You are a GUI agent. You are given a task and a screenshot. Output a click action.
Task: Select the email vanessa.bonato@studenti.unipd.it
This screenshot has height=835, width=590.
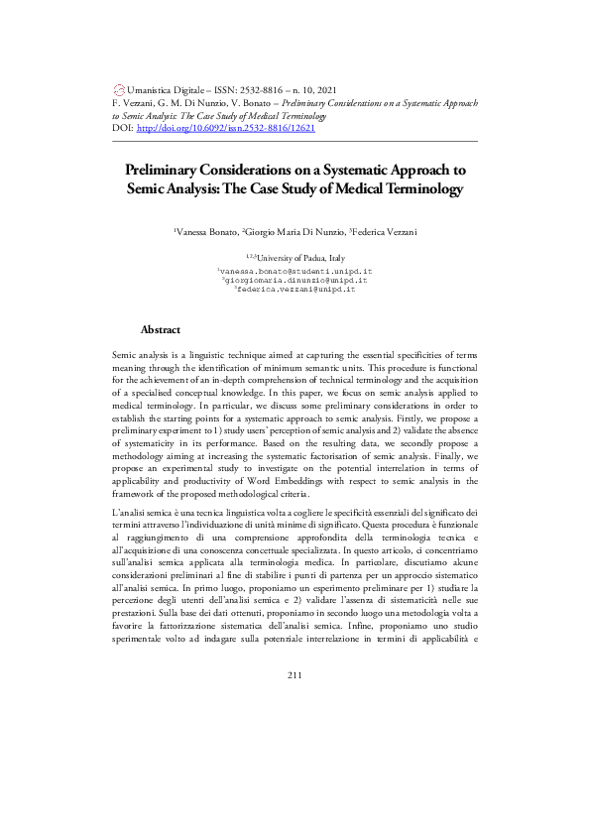(295, 271)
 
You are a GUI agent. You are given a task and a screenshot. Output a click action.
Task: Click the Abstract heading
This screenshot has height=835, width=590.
(161, 328)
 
